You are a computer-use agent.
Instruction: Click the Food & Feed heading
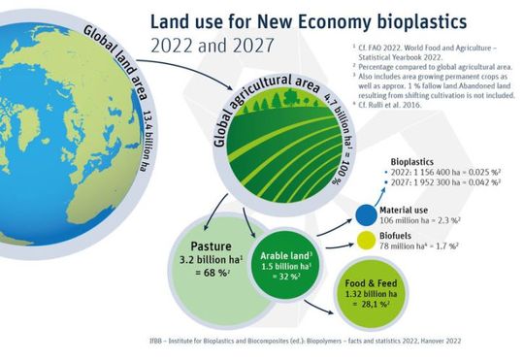pos(369,286)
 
